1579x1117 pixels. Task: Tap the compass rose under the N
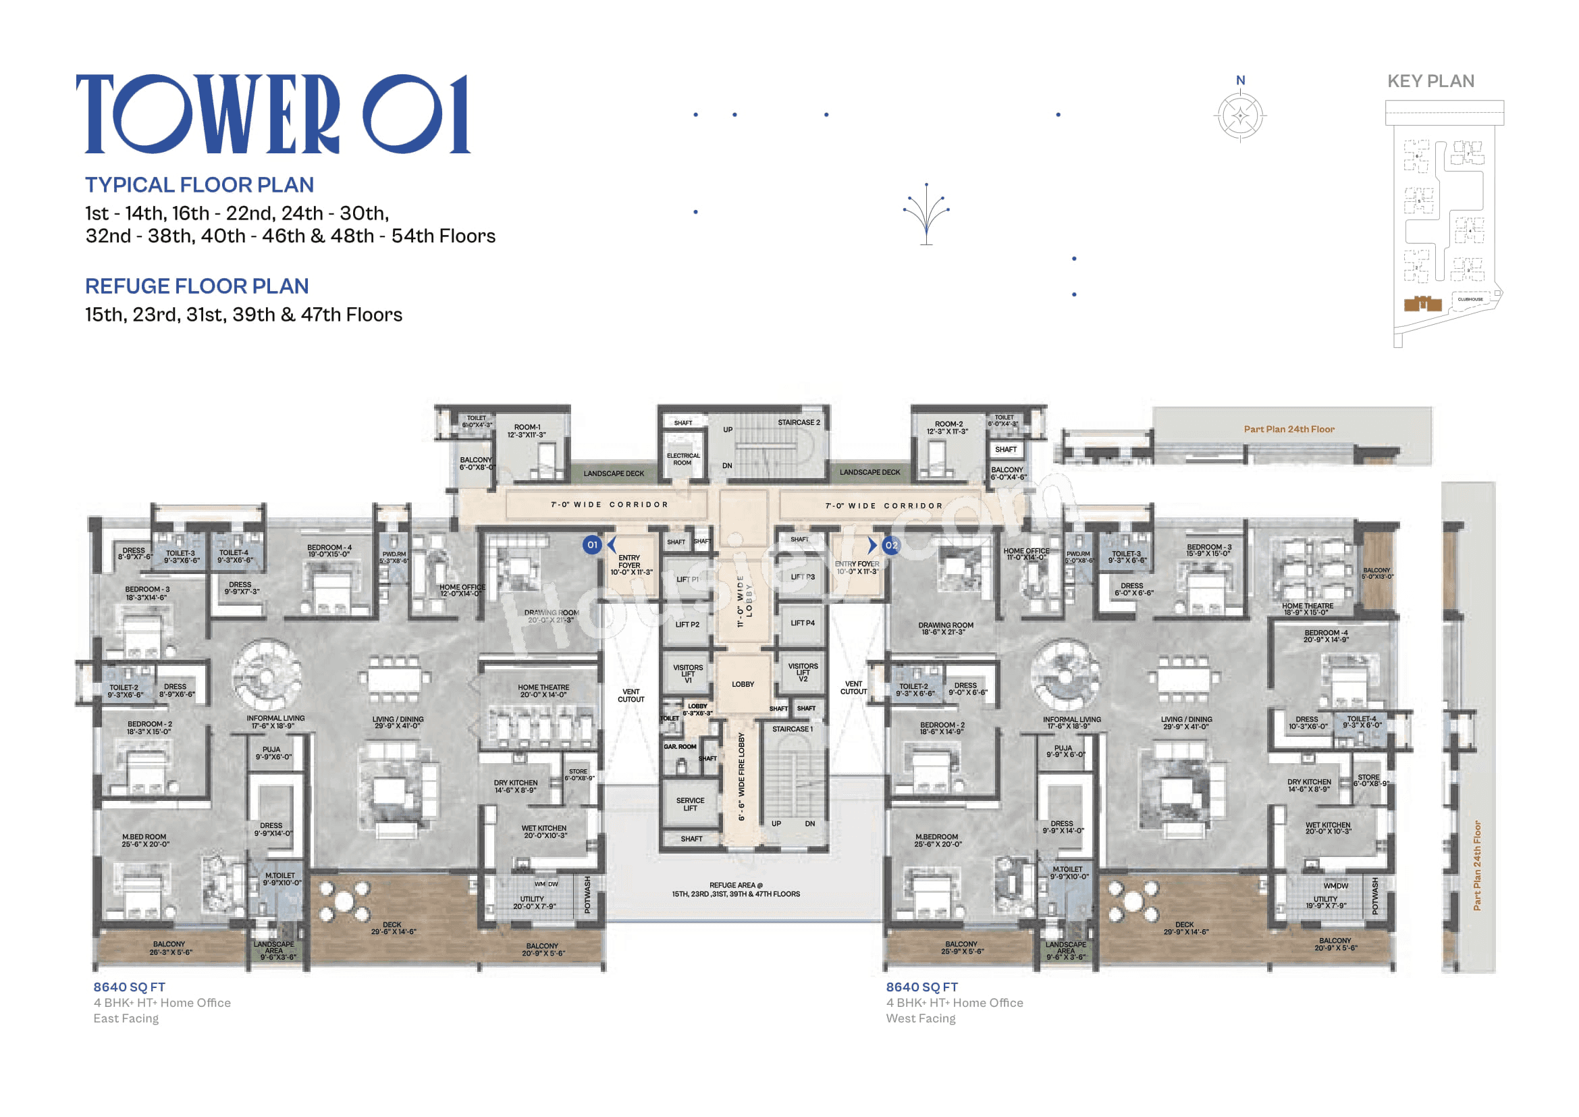pyautogui.click(x=1240, y=116)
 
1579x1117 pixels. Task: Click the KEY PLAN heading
pyautogui.click(x=1430, y=81)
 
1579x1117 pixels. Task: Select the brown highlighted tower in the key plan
pyautogui.click(x=1422, y=303)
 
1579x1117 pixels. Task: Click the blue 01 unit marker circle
pyautogui.click(x=592, y=545)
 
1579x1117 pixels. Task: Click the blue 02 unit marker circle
pyautogui.click(x=890, y=545)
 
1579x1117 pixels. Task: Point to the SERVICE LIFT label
pyautogui.click(x=690, y=804)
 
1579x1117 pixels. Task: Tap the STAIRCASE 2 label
pyautogui.click(x=799, y=422)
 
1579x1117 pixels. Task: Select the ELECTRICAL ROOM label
pyautogui.click(x=683, y=459)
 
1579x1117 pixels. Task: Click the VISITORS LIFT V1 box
pyautogui.click(x=688, y=673)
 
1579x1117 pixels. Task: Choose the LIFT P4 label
pyautogui.click(x=802, y=623)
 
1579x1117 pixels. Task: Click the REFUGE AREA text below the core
pyautogui.click(x=735, y=889)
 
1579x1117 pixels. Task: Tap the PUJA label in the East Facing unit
pyautogui.click(x=272, y=752)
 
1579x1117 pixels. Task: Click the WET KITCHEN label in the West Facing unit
pyautogui.click(x=1328, y=827)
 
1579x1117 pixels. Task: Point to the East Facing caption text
pyautogui.click(x=126, y=1018)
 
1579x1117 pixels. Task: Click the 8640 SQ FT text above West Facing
pyautogui.click(x=921, y=987)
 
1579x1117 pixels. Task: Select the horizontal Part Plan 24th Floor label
pyautogui.click(x=1289, y=430)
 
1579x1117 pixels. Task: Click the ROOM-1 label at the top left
pyautogui.click(x=527, y=431)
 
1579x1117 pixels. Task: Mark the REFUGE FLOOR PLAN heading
pyautogui.click(x=196, y=286)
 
